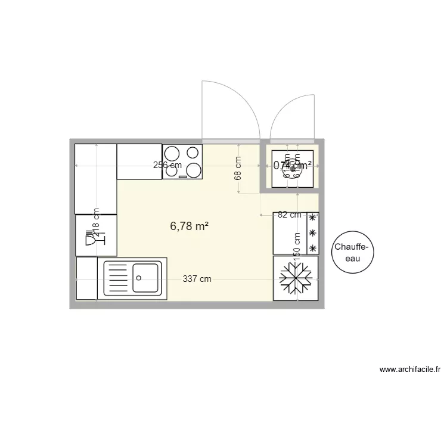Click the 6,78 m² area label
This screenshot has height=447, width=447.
click(189, 226)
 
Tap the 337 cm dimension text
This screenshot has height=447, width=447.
click(197, 279)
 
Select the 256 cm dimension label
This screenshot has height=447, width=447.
click(167, 165)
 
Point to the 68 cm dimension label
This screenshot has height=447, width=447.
click(238, 168)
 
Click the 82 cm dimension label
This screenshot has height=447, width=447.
click(290, 215)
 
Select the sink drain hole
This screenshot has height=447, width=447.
click(138, 277)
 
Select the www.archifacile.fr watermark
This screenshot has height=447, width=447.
click(411, 370)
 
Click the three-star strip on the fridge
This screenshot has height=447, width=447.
click(312, 233)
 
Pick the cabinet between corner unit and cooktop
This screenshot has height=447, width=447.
click(139, 161)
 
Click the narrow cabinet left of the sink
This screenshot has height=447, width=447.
click(86, 278)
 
